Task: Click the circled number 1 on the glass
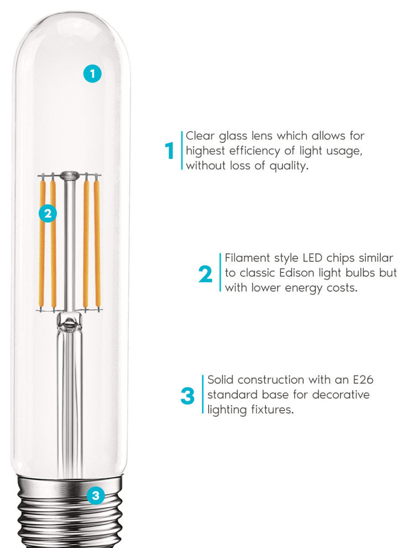point(92,74)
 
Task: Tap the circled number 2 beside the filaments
point(48,213)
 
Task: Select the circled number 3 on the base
point(96,495)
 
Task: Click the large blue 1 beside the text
point(170,151)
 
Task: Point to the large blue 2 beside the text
point(205,274)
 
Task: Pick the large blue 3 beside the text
point(188,396)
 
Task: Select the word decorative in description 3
point(341,395)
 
